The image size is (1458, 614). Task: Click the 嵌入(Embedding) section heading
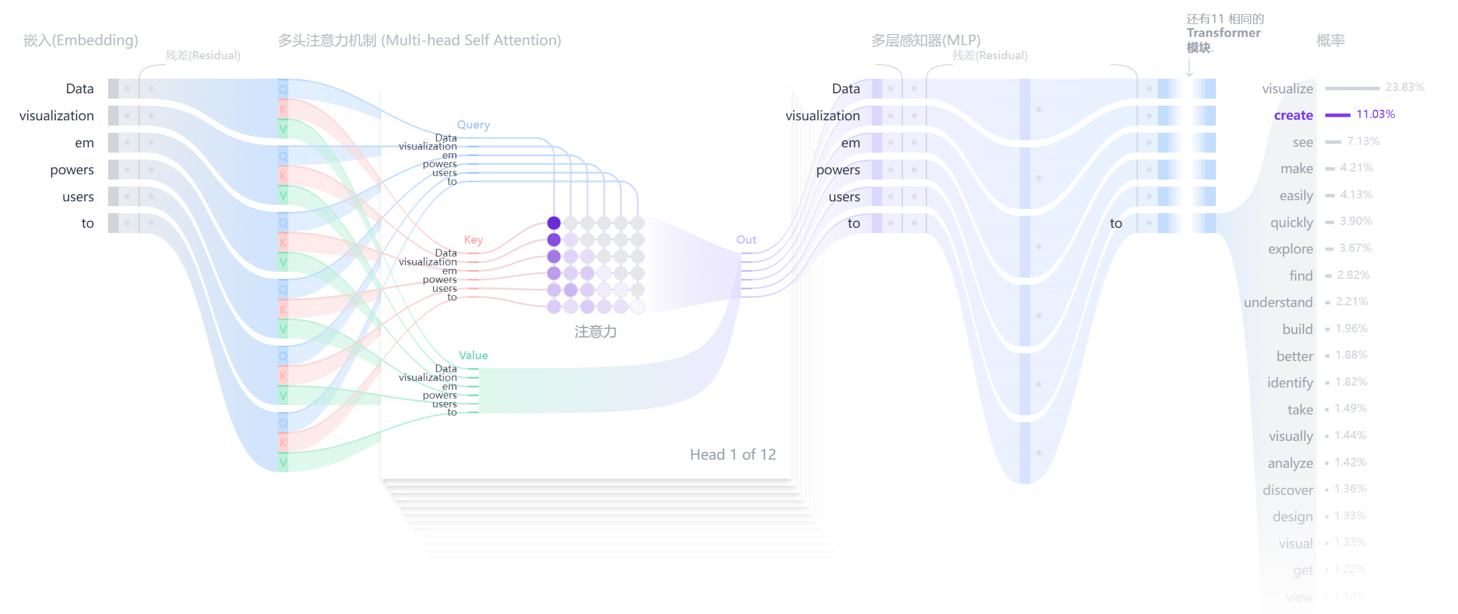[x=81, y=41]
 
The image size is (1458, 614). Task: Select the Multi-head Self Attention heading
[x=419, y=41]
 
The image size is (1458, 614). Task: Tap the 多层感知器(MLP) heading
[x=926, y=41]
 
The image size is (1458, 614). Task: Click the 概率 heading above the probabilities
[x=1331, y=41]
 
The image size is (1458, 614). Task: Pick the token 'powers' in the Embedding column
[x=72, y=170]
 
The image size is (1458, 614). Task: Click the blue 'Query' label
[x=473, y=125]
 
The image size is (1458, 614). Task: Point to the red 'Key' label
[x=473, y=240]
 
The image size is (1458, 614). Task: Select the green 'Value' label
[x=473, y=355]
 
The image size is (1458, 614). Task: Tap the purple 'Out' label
[x=746, y=240]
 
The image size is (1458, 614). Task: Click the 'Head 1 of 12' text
[x=733, y=454]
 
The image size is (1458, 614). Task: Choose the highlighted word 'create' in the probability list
[x=1293, y=116]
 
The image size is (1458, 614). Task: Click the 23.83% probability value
[x=1405, y=87]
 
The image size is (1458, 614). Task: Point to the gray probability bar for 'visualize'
[x=1352, y=89]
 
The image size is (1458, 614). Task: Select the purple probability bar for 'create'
[x=1338, y=115]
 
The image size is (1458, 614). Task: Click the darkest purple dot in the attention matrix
[x=553, y=223]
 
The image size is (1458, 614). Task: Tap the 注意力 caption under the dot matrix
[x=595, y=332]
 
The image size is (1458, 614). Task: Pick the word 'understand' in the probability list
[x=1278, y=302]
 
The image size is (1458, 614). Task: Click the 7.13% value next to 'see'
[x=1363, y=141]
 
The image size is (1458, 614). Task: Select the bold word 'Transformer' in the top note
[x=1223, y=33]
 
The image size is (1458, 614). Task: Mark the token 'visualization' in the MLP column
[x=822, y=116]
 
